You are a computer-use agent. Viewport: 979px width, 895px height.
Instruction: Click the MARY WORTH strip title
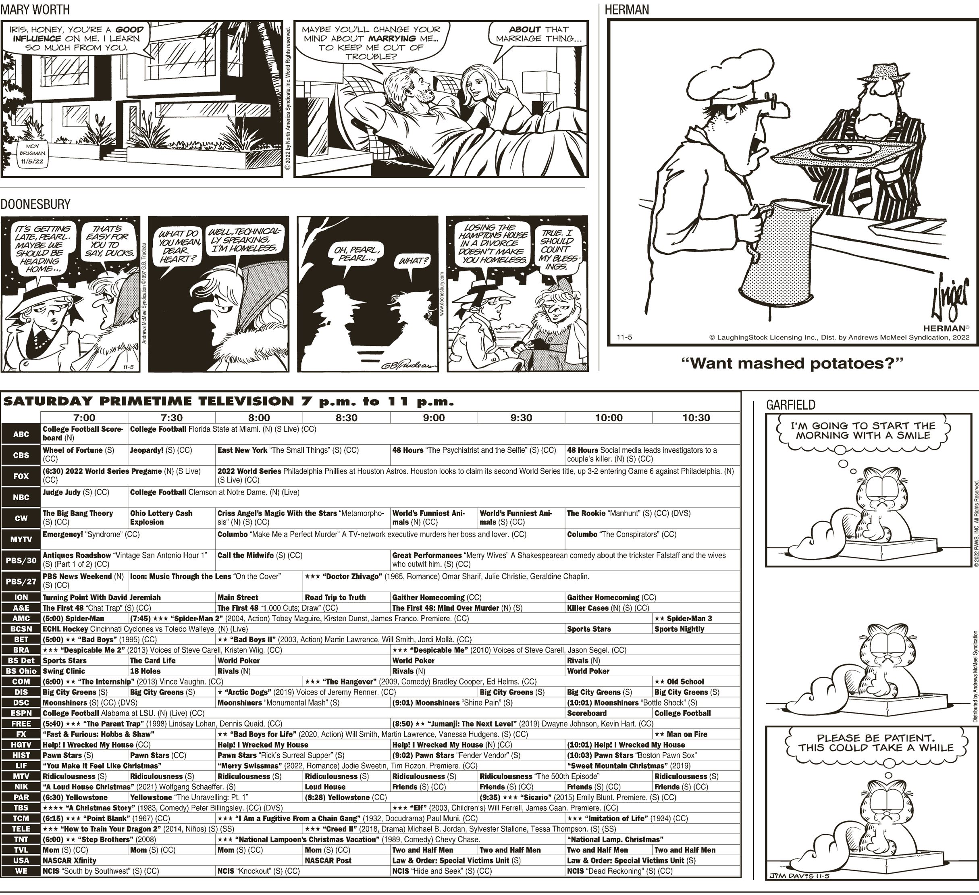pos(35,9)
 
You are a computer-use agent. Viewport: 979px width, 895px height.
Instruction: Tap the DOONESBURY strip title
pos(35,204)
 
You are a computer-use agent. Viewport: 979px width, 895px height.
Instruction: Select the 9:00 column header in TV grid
pos(434,418)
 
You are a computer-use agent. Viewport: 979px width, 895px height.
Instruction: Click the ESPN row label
pos(21,713)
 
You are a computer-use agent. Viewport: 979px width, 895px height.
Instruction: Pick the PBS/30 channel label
pos(21,560)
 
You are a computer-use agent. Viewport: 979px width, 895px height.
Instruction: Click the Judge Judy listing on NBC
pos(76,492)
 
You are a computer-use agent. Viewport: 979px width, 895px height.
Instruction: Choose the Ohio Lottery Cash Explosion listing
pos(161,518)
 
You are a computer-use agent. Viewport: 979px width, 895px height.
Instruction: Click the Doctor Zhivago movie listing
pos(447,577)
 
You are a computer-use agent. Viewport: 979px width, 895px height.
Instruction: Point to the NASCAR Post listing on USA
pos(328,860)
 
